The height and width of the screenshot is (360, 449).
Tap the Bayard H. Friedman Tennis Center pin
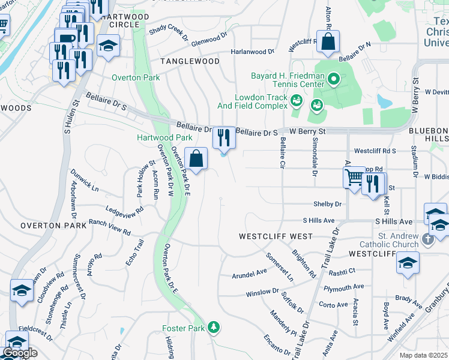(335, 78)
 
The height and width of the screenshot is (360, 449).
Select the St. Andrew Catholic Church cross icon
(427, 239)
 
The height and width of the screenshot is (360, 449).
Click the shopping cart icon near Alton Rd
(354, 177)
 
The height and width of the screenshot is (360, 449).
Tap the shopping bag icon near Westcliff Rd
(328, 41)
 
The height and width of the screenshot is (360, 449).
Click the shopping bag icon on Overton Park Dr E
(196, 159)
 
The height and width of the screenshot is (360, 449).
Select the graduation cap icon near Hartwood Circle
(108, 46)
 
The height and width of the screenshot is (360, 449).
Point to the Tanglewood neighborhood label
(190, 61)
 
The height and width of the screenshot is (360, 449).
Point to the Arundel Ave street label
(249, 275)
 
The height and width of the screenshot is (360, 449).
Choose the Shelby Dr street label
(327, 204)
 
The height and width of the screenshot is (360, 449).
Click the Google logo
(20, 353)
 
